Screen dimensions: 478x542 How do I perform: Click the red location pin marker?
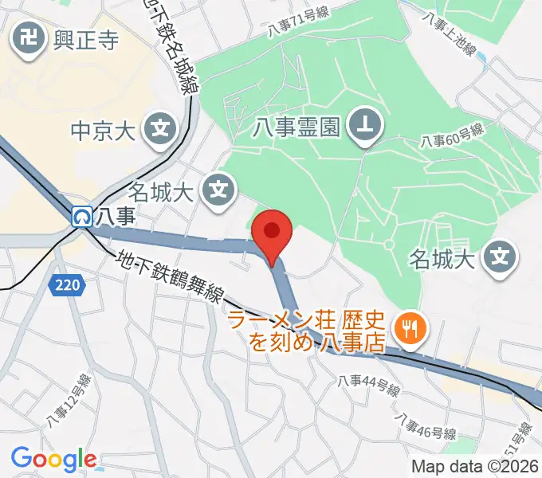[273, 233]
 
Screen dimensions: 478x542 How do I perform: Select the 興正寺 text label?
[85, 39]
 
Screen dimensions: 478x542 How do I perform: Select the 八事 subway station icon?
[81, 215]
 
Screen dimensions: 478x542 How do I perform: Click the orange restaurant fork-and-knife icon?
[410, 327]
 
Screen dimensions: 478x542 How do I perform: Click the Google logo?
[53, 459]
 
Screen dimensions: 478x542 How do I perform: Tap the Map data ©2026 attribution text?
[475, 466]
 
